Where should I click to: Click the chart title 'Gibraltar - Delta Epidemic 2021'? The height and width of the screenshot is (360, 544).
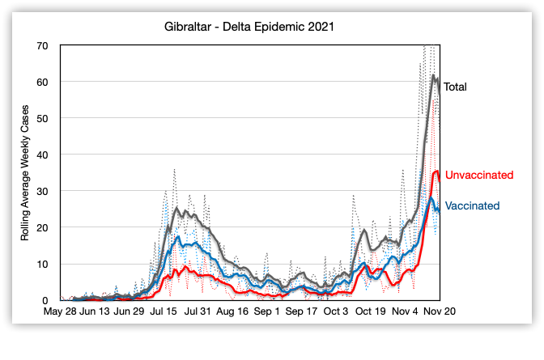(x=249, y=27)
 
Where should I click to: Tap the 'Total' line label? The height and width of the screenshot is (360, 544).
(x=455, y=87)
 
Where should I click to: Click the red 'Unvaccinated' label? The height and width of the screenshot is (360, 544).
(x=479, y=175)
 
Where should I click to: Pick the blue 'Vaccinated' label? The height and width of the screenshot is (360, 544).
(x=472, y=205)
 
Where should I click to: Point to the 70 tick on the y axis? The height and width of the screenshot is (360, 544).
(x=43, y=45)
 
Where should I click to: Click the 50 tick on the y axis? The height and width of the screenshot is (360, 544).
(x=43, y=118)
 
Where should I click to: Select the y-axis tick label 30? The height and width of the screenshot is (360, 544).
(x=43, y=191)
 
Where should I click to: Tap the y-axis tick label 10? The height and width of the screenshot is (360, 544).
(x=43, y=264)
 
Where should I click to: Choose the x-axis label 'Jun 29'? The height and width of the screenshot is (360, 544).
(x=130, y=311)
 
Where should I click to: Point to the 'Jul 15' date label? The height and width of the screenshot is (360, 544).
(x=165, y=311)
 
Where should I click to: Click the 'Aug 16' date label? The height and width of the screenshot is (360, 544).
(x=233, y=311)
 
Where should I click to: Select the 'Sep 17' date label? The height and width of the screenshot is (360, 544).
(x=301, y=311)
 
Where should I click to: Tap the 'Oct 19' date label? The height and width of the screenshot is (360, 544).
(x=370, y=311)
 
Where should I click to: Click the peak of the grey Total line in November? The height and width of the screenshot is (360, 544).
(x=434, y=76)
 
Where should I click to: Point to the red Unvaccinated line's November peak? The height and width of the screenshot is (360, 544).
(x=437, y=171)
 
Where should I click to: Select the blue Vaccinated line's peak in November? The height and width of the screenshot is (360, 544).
(x=431, y=197)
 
